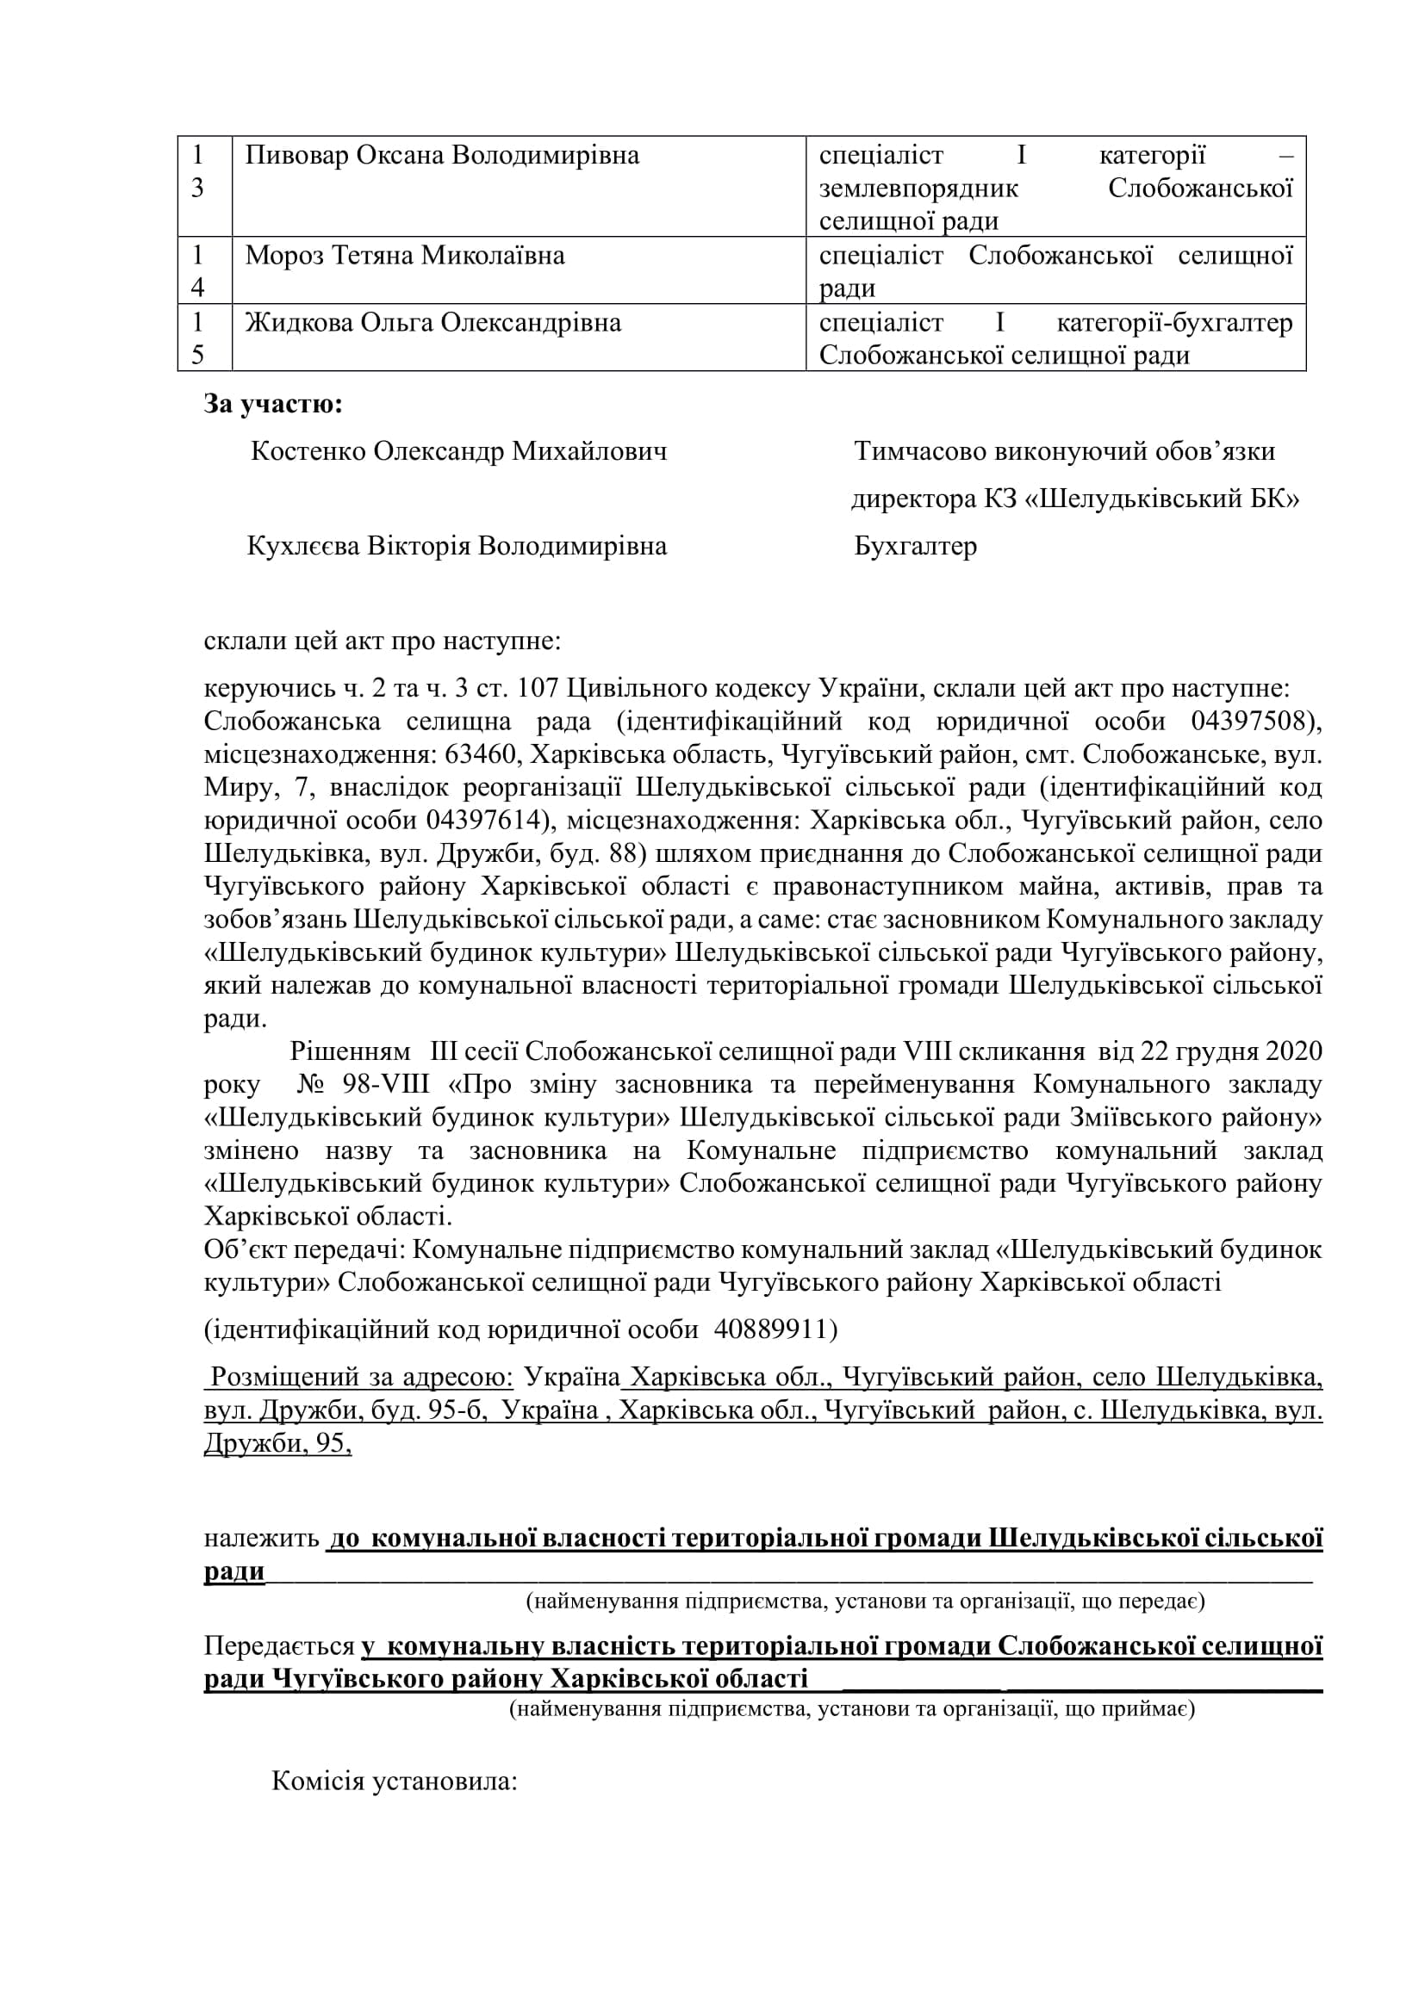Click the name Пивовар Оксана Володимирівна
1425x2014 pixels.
(441, 155)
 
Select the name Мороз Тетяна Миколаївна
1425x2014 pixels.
(405, 255)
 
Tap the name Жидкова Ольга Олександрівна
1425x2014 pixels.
(432, 323)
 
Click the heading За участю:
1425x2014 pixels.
(273, 404)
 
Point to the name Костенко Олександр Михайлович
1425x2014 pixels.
(458, 452)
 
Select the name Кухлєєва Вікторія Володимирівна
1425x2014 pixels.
(457, 547)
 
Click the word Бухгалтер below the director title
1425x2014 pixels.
(915, 547)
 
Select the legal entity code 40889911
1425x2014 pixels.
(769, 1329)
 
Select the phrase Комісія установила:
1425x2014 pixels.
(394, 1781)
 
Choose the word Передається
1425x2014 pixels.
(278, 1646)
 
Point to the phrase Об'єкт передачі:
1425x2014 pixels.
(302, 1249)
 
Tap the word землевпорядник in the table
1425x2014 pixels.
(918, 189)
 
